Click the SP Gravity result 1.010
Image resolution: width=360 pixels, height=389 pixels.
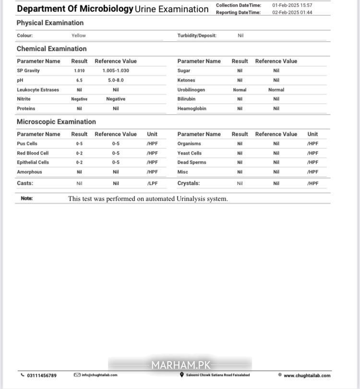tap(79, 71)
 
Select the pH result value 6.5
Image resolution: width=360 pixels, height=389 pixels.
tap(79, 80)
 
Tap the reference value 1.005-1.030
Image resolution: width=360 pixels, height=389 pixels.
tap(116, 71)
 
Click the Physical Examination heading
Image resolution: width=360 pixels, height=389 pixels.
tap(50, 23)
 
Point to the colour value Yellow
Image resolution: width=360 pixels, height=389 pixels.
tap(79, 36)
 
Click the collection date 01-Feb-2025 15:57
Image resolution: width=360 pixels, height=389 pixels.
tap(292, 5)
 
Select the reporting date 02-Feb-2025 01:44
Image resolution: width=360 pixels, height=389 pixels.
tap(292, 12)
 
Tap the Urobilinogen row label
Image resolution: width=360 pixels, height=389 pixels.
tap(191, 90)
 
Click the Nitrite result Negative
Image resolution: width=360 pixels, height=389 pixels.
tap(79, 99)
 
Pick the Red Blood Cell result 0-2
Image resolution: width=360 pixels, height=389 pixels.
tap(79, 153)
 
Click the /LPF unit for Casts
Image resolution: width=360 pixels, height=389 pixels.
tap(152, 183)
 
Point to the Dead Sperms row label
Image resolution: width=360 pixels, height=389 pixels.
tap(192, 162)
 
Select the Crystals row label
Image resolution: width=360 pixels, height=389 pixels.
tap(189, 183)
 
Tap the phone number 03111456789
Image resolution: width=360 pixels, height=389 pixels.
tap(41, 376)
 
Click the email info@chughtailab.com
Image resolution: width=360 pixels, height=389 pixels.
tap(99, 375)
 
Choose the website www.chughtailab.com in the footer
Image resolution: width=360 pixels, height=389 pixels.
tap(307, 376)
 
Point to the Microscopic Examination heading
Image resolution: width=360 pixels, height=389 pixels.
tap(56, 122)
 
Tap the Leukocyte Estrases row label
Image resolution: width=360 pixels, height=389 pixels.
tap(38, 90)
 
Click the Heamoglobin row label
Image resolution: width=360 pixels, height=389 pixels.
tap(192, 109)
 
